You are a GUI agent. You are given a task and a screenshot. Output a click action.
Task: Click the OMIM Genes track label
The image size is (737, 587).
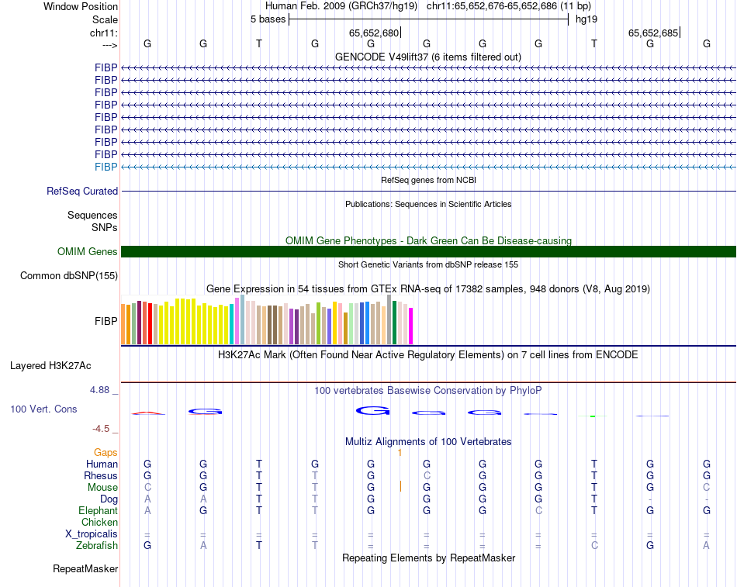point(87,251)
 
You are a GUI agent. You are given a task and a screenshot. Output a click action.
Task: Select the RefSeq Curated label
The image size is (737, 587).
point(82,191)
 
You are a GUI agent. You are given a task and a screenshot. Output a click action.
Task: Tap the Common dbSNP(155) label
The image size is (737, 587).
point(69,275)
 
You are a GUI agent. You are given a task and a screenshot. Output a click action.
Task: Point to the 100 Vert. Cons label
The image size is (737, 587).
point(43,409)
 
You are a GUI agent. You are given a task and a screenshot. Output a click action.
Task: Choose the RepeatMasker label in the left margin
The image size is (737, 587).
point(85,569)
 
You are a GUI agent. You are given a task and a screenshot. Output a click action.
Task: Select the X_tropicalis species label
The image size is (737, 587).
point(92,534)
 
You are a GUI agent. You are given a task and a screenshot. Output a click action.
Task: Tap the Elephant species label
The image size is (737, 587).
point(98,511)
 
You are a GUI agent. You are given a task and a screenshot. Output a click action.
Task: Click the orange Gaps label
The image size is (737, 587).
point(106,452)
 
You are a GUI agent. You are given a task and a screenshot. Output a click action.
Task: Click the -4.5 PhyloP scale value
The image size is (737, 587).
point(102,428)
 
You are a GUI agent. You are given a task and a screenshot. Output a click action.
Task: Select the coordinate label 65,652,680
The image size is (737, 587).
point(374,33)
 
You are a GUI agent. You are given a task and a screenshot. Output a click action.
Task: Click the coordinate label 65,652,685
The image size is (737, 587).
point(653,33)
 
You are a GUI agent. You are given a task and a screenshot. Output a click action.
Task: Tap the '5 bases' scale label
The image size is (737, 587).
point(268,19)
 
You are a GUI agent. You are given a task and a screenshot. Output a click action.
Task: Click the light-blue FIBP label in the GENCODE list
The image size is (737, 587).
point(106,167)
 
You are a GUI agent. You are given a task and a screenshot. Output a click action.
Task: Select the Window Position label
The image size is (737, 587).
point(81,6)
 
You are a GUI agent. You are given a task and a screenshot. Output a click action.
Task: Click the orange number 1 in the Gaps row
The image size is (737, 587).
point(400,452)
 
